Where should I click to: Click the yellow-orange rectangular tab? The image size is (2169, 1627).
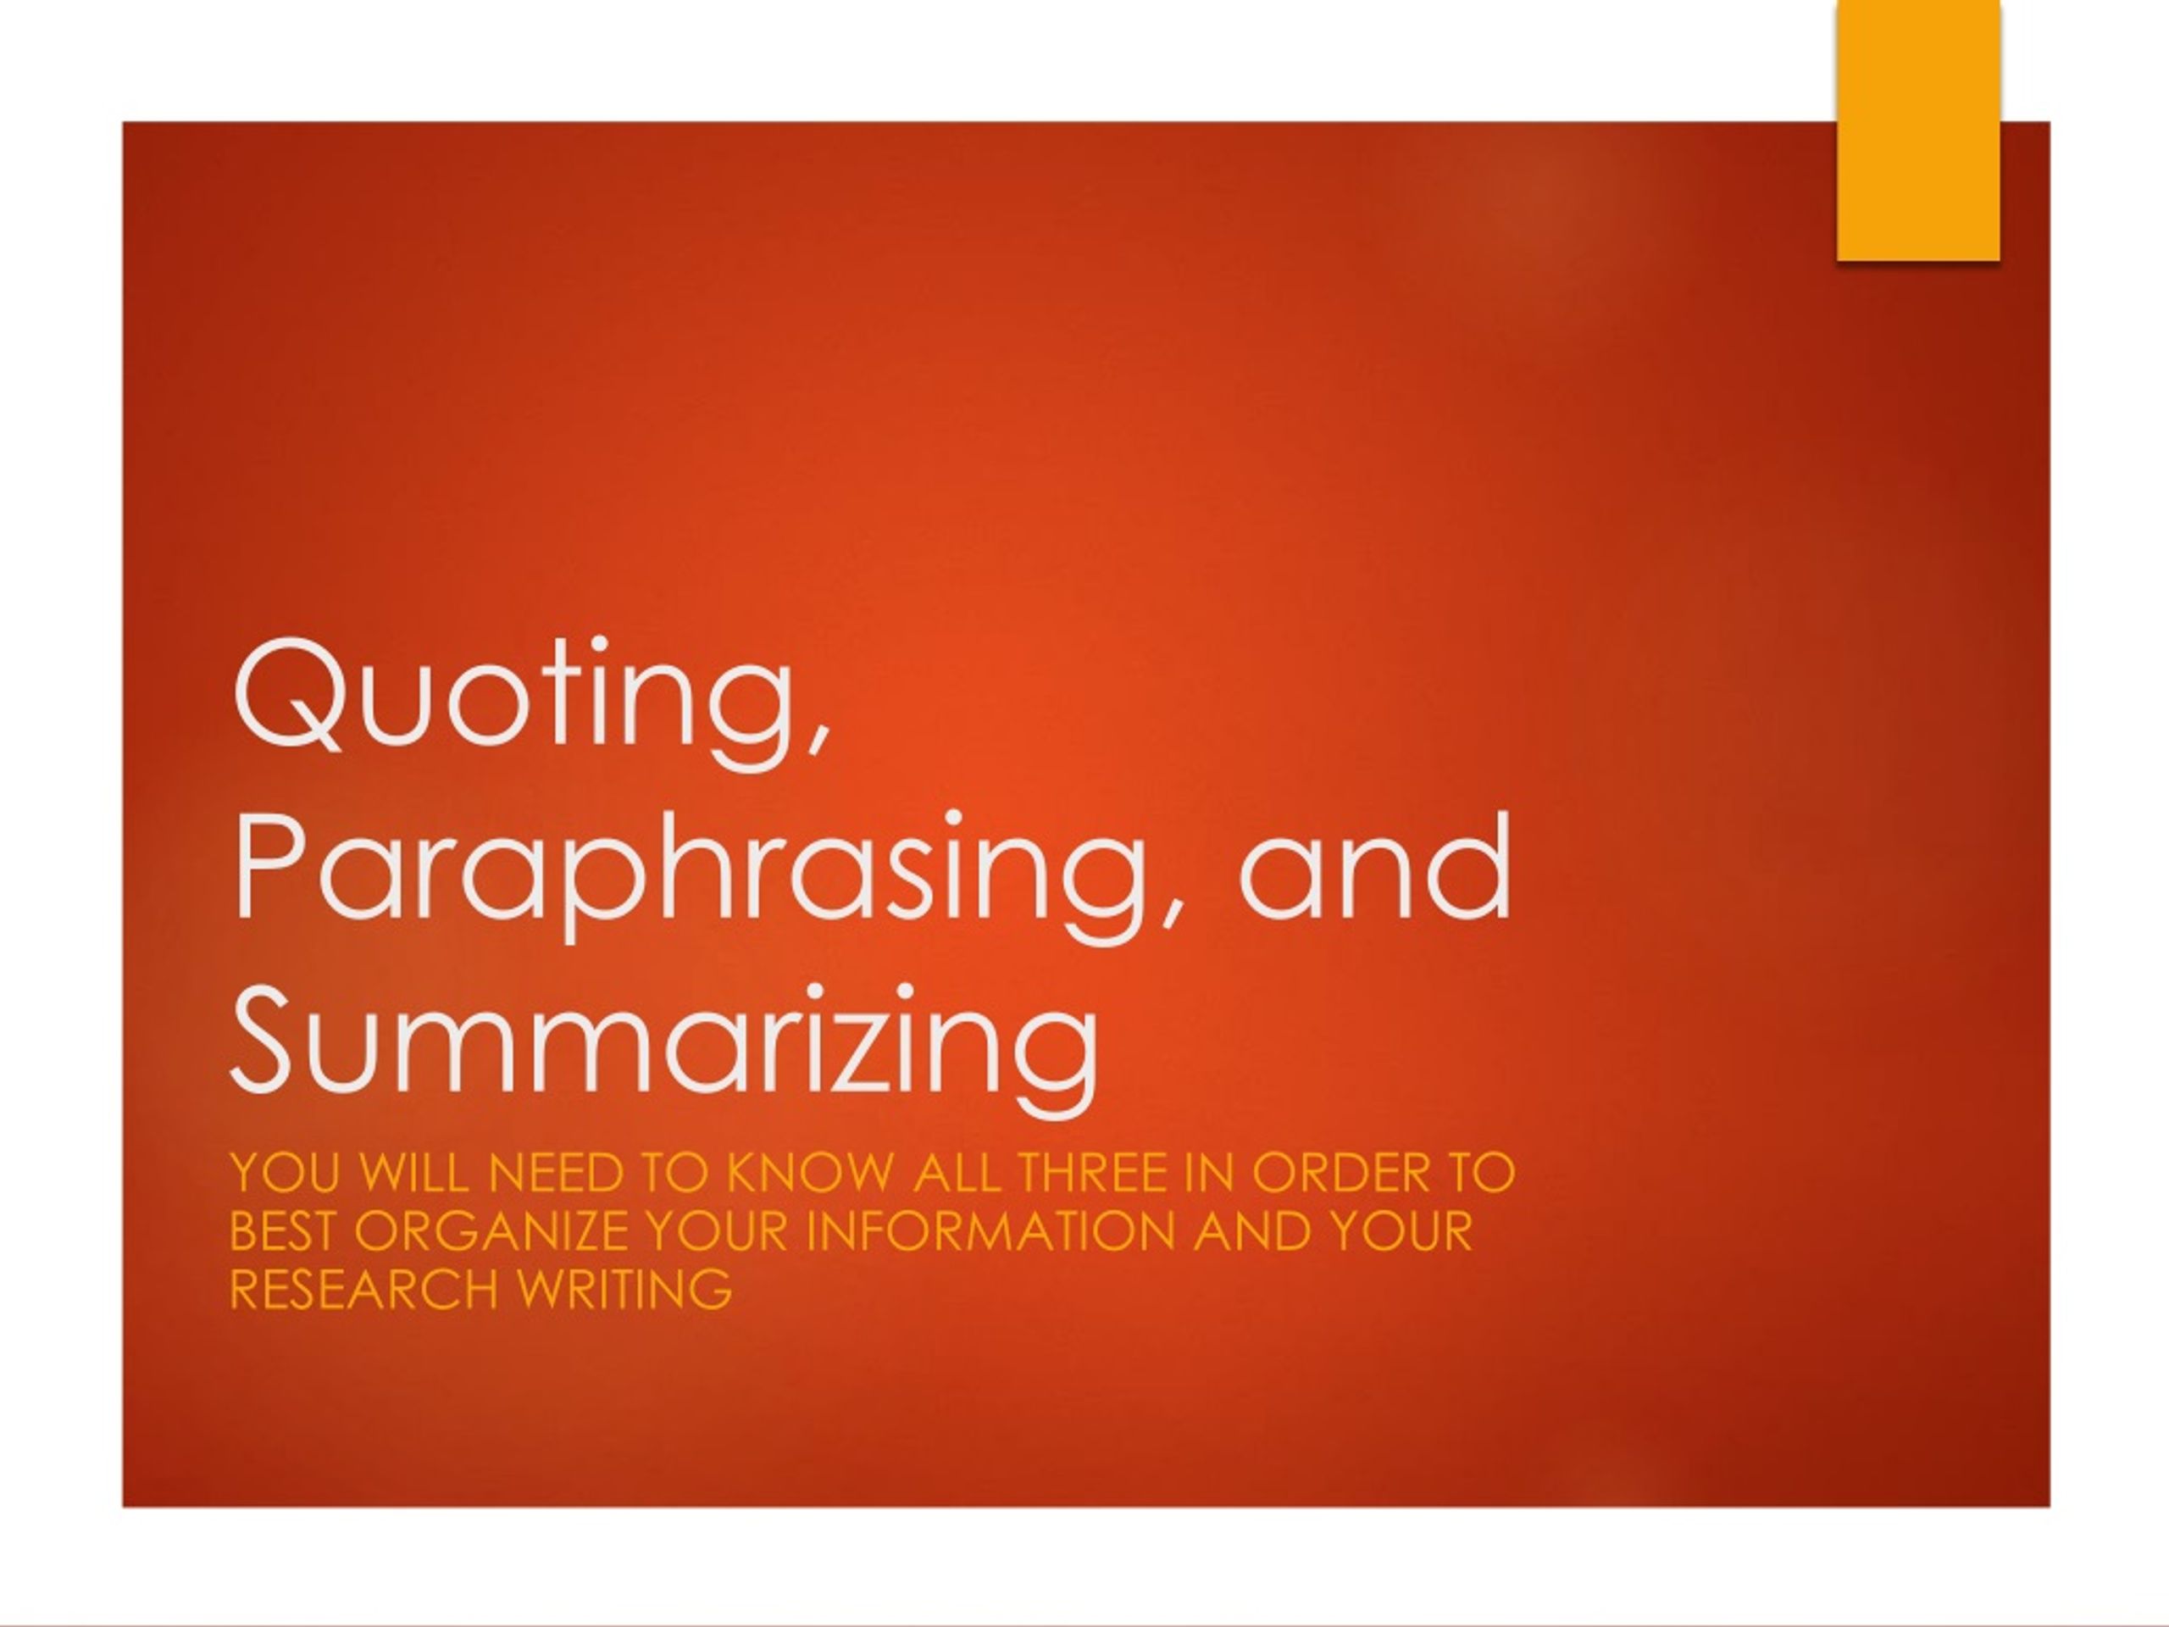coord(1918,130)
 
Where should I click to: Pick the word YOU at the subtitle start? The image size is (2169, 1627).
coord(286,1173)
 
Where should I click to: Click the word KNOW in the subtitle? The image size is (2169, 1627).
coord(812,1173)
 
